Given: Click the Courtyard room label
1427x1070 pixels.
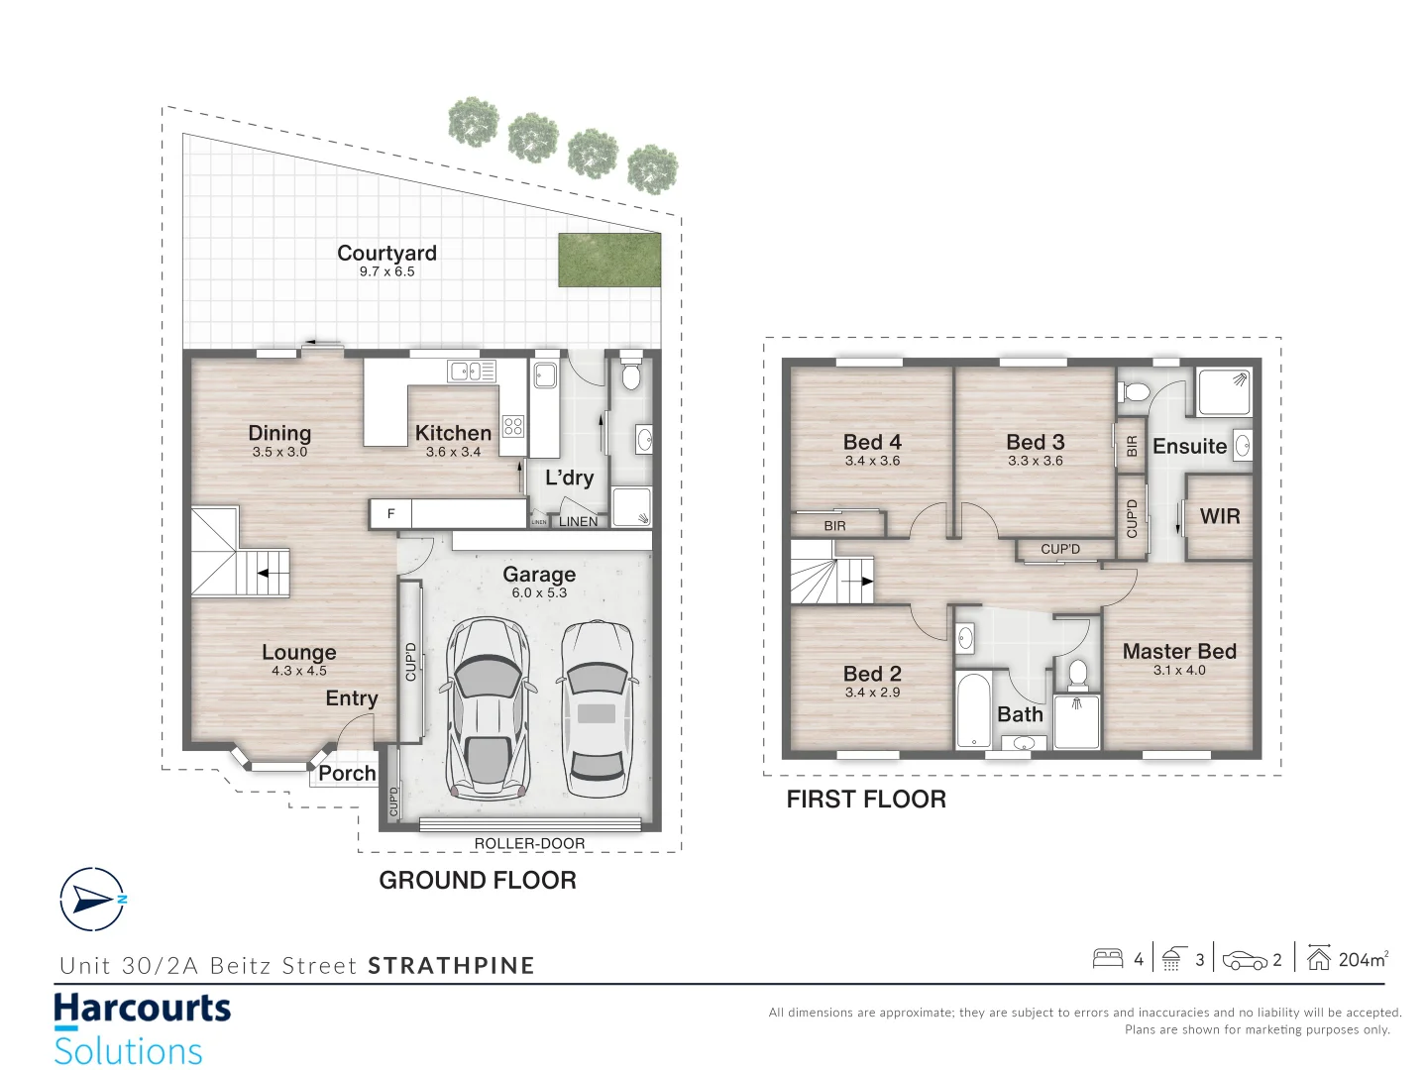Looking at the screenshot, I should (386, 254).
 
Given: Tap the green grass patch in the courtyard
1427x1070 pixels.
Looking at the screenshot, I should (608, 261).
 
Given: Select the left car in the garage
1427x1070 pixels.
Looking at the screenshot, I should (488, 708).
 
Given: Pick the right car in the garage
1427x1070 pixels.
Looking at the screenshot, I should (597, 708).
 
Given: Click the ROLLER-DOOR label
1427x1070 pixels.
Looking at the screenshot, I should (529, 844).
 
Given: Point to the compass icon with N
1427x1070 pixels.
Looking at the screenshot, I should (93, 899).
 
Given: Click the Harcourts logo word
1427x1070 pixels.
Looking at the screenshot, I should (142, 1010).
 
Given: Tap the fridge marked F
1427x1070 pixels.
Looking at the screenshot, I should (390, 513).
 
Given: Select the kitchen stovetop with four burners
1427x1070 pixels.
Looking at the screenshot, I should (512, 427).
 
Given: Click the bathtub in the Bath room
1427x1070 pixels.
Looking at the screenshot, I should (973, 710).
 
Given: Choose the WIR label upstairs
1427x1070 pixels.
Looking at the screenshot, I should (1219, 516).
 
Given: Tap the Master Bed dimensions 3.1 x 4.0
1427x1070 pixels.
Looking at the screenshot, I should (1179, 671).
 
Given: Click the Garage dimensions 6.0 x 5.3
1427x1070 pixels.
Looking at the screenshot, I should (539, 593).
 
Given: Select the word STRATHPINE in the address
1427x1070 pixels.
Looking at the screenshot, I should (451, 966).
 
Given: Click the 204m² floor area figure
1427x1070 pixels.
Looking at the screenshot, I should (1363, 959).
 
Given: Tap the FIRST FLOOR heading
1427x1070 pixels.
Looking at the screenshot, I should (866, 800).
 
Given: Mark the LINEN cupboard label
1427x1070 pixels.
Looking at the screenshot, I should (578, 521).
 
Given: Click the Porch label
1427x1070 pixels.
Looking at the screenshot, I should (347, 774).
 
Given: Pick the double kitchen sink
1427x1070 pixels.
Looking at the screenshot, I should (472, 372).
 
